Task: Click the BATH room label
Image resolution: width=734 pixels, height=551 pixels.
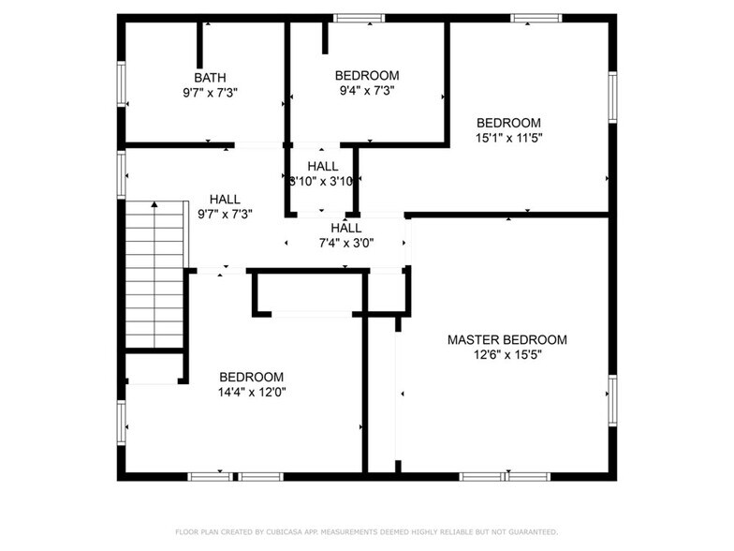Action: pyautogui.click(x=210, y=77)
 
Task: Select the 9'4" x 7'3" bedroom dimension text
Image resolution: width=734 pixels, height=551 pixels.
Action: pyautogui.click(x=367, y=91)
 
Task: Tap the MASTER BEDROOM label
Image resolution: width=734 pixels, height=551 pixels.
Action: pyautogui.click(x=506, y=339)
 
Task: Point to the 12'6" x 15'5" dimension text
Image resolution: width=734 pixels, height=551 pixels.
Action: pyautogui.click(x=506, y=355)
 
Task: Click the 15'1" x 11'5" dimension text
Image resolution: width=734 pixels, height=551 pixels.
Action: pyautogui.click(x=508, y=138)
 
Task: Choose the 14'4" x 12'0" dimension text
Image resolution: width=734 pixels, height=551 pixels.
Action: pyautogui.click(x=251, y=393)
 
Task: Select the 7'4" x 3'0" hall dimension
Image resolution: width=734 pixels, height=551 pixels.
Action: pyautogui.click(x=345, y=244)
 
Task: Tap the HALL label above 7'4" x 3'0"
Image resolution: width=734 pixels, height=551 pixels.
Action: pyautogui.click(x=345, y=228)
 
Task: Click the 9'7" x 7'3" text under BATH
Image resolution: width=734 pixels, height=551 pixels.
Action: pyautogui.click(x=210, y=93)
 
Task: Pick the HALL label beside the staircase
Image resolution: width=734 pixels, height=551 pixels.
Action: pyautogui.click(x=225, y=199)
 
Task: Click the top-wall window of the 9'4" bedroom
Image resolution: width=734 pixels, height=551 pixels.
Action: pyautogui.click(x=360, y=18)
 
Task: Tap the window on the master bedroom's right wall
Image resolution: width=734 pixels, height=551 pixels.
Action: pyautogui.click(x=612, y=401)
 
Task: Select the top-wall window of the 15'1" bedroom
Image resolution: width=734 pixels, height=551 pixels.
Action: pyautogui.click(x=536, y=18)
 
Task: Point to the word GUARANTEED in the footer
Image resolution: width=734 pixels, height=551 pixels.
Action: pyautogui.click(x=528, y=531)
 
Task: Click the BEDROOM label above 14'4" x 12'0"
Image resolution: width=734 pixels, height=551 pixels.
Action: pyautogui.click(x=251, y=377)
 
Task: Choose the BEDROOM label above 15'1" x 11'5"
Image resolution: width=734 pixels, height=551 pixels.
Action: pyautogui.click(x=508, y=122)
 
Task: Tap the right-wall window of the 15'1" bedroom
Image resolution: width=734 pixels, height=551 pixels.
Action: pyautogui.click(x=612, y=97)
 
